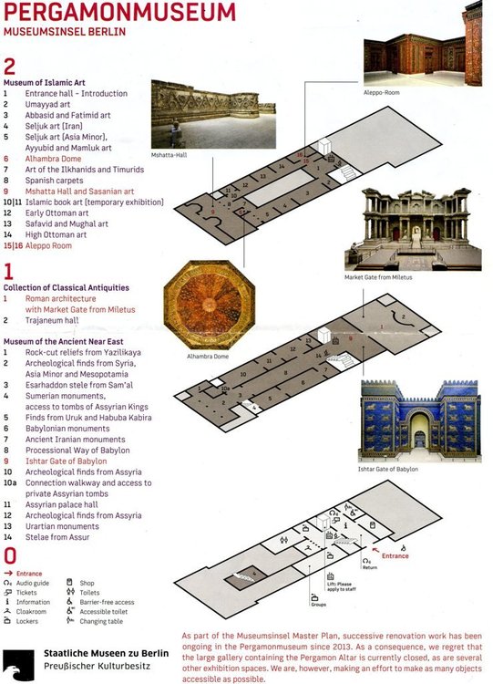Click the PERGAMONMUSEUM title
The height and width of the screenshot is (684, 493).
point(118,13)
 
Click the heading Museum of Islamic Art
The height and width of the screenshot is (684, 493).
point(47,82)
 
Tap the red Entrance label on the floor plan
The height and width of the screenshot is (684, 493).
point(395,555)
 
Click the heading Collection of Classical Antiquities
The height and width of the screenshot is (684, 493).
point(70,290)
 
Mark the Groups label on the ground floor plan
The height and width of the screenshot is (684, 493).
point(318,604)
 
